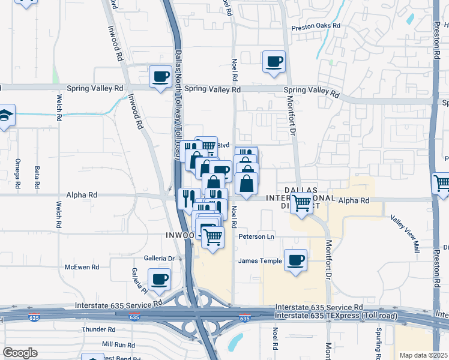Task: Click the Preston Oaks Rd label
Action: pos(316,26)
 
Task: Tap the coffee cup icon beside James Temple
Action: pos(295,260)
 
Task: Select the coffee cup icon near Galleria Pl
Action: pos(160,279)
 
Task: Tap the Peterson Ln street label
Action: pos(256,236)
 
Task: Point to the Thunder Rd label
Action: pos(98,329)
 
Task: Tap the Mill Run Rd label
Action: pos(118,345)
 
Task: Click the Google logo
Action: pos(20,353)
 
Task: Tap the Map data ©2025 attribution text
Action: pos(423,355)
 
